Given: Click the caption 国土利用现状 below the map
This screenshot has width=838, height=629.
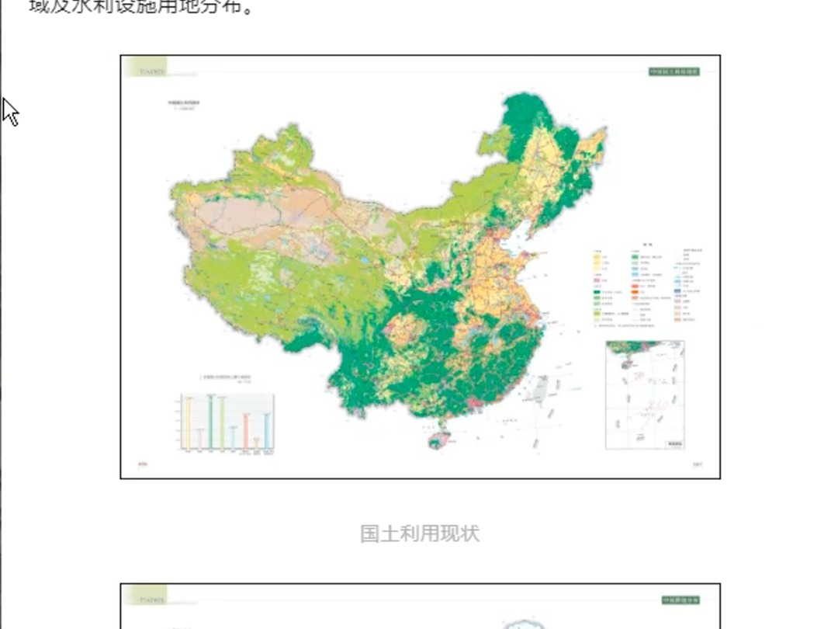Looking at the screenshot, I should coord(420,533).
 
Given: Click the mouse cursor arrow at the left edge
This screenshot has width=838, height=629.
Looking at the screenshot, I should coord(9,111).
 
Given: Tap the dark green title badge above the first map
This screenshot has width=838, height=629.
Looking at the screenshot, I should coord(674,71).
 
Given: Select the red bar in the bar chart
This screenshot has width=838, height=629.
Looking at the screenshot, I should coord(246,432).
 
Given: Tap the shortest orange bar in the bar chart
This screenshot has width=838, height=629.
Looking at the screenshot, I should coord(257,443).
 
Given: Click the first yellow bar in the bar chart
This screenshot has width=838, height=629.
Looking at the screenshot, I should coord(188,423).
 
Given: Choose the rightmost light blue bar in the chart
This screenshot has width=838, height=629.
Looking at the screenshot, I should coord(268,432).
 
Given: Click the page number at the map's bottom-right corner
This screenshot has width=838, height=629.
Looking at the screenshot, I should coord(696,465).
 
